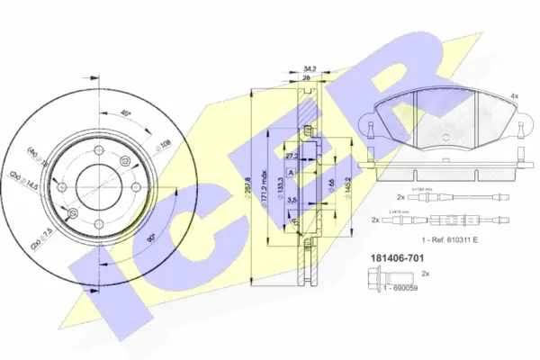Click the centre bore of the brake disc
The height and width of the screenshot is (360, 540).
click(98, 186)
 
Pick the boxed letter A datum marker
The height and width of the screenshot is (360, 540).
click(292, 171)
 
